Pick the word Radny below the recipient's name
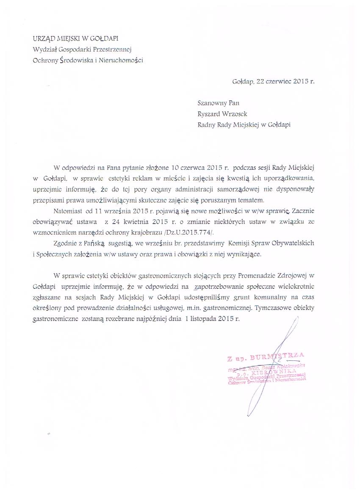tap(207, 124)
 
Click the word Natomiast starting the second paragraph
tap(69, 210)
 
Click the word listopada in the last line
tap(203, 320)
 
